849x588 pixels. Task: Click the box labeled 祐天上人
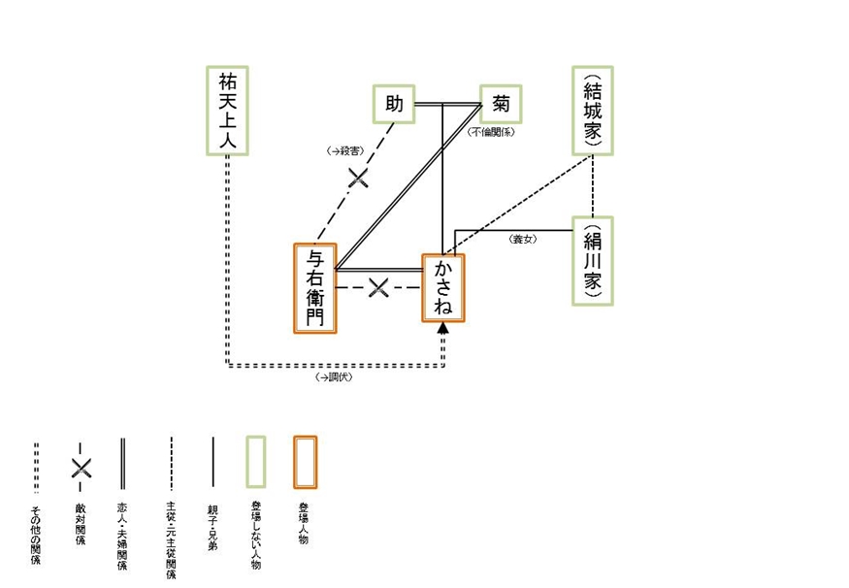229,110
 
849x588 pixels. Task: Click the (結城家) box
593,111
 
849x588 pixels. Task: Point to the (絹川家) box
593,261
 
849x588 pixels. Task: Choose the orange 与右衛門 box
315,288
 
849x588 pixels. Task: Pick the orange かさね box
443,288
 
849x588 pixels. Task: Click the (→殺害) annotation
346,150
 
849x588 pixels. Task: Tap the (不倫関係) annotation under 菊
491,132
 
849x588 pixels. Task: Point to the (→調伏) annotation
334,377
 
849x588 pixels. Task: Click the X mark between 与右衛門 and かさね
379,287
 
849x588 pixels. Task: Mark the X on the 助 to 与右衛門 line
359,177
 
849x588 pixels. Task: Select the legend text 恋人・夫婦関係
121,535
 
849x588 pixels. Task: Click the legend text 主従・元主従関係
171,539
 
